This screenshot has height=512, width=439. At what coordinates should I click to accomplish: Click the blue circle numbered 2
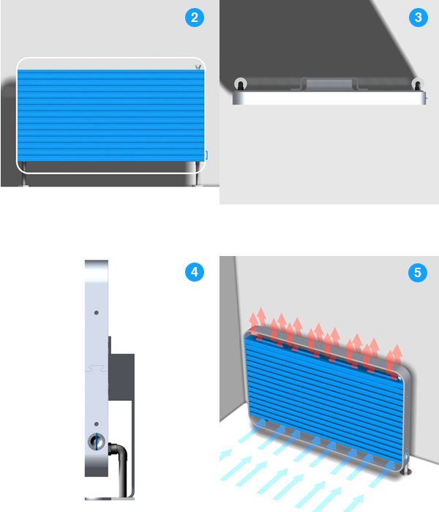pyautogui.click(x=195, y=18)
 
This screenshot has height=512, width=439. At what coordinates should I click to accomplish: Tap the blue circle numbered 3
pyautogui.click(x=418, y=18)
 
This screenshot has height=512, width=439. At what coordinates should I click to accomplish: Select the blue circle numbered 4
pyautogui.click(x=195, y=271)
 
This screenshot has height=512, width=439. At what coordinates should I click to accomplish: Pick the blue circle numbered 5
pyautogui.click(x=418, y=272)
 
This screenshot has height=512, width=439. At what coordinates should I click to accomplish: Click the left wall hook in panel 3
pyautogui.click(x=241, y=84)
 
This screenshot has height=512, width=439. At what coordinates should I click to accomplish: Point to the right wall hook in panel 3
pyautogui.click(x=418, y=84)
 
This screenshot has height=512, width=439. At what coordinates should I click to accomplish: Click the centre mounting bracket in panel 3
pyautogui.click(x=329, y=84)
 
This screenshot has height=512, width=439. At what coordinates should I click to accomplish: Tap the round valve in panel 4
pyautogui.click(x=97, y=442)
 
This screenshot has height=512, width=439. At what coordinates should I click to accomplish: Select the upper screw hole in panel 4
pyautogui.click(x=97, y=312)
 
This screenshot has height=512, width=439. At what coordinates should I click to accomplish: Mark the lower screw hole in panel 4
pyautogui.click(x=97, y=423)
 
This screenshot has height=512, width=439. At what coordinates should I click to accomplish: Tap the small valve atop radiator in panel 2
pyautogui.click(x=198, y=67)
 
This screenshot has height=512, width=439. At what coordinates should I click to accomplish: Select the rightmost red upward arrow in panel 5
pyautogui.click(x=397, y=358)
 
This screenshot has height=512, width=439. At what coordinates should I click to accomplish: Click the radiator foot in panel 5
pyautogui.click(x=408, y=470)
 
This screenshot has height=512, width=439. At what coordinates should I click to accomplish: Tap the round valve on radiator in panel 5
pyautogui.click(x=407, y=456)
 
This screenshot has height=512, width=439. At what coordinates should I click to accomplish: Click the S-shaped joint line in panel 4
pyautogui.click(x=97, y=368)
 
